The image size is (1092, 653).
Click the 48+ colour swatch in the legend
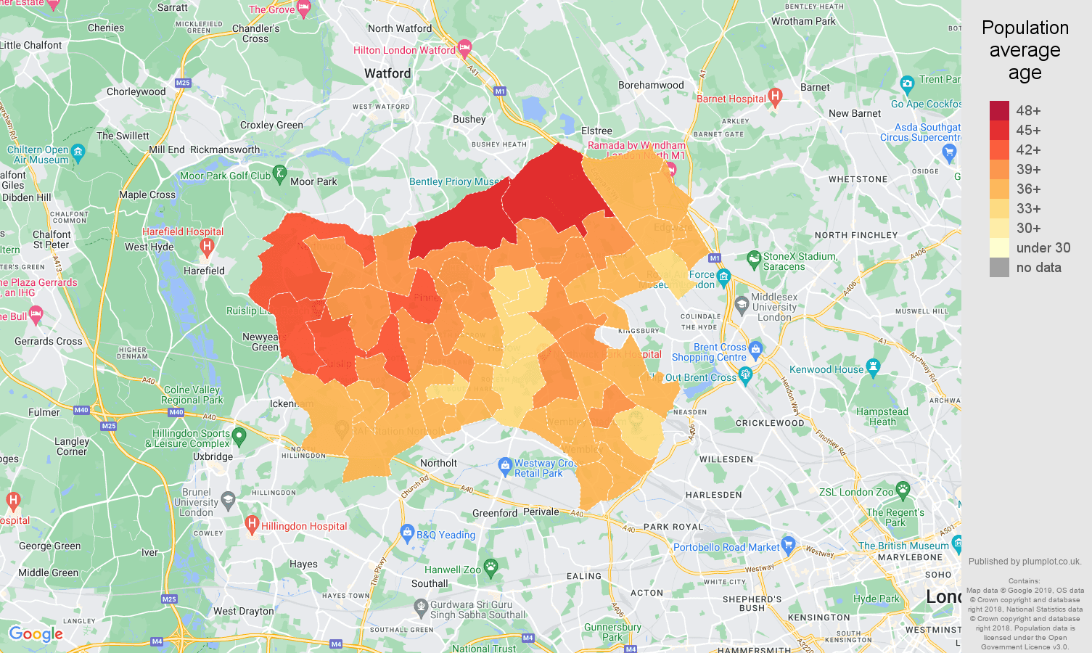point(999,110)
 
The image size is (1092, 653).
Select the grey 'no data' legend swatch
point(999,267)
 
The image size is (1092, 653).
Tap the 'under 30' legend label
point(1043,247)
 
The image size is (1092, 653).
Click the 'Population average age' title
point(1025,50)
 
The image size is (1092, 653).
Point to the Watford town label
point(387,73)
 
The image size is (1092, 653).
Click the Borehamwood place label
point(651,85)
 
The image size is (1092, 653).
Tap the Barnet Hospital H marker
point(775,96)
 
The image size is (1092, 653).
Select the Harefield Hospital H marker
point(207,247)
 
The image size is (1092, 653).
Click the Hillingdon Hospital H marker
point(252,523)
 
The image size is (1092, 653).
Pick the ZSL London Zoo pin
point(903,489)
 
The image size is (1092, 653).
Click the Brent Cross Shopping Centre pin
point(756,348)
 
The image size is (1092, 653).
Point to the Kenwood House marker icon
point(873,367)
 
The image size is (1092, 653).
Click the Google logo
point(36,634)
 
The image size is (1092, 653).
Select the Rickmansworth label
point(225,149)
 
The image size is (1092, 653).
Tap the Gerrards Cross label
point(49,341)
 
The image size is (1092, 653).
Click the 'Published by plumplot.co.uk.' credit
point(1025,561)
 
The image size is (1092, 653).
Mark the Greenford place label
point(495,513)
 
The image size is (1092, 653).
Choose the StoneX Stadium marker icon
point(754,258)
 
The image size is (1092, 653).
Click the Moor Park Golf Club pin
point(280,174)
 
